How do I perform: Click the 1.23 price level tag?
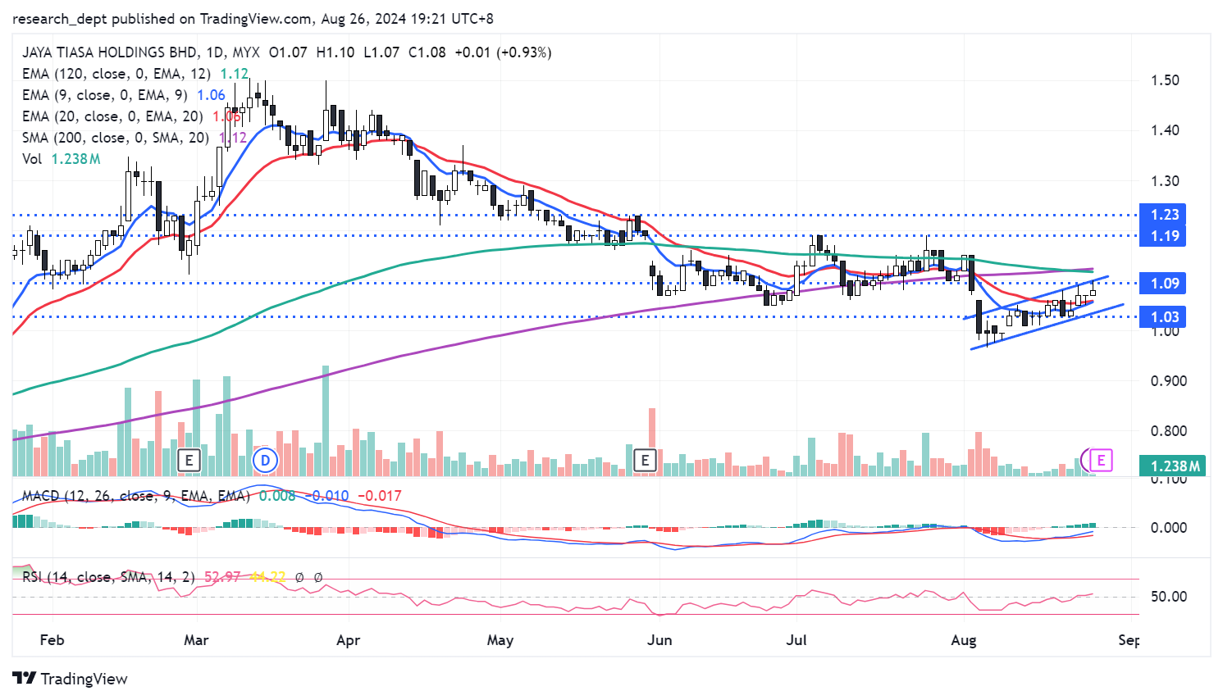1164,215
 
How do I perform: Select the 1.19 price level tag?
1164,236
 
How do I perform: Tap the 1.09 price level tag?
1164,284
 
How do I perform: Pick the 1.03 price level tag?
1164,317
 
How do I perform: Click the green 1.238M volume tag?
1174,466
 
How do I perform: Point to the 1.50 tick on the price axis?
1165,80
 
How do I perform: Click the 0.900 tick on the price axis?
1168,381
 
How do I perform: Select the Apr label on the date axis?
348,640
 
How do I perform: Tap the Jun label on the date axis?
659,640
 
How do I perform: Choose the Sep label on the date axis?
1129,640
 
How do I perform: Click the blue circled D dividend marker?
265,460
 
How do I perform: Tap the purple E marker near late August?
1101,460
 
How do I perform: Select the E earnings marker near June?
645,460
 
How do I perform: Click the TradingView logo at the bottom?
71,679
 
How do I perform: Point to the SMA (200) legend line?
115,138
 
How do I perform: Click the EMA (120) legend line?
115,74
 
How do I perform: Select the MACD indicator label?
42,496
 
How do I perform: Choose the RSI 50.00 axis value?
1168,597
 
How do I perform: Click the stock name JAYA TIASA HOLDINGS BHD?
109,52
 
